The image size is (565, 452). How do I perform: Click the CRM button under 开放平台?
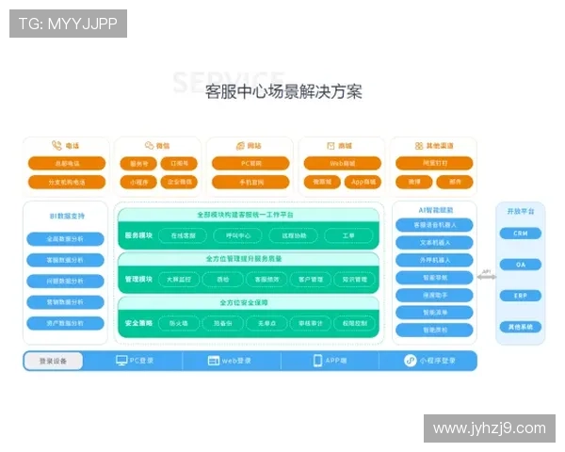click(x=520, y=233)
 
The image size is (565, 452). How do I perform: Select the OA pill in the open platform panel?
click(x=520, y=265)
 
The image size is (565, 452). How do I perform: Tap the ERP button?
click(x=520, y=296)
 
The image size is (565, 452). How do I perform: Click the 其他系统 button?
click(x=520, y=327)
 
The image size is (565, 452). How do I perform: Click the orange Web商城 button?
click(x=342, y=163)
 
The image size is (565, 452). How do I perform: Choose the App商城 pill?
click(x=363, y=182)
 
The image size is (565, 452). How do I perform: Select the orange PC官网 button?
click(x=250, y=163)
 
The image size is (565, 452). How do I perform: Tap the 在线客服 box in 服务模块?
click(x=183, y=234)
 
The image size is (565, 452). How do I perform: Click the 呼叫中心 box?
click(x=237, y=234)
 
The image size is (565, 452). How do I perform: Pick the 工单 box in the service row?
click(x=348, y=234)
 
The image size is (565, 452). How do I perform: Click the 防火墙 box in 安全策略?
click(x=179, y=323)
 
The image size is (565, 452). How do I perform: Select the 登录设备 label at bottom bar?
click(x=53, y=361)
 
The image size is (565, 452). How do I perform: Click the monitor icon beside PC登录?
click(x=121, y=361)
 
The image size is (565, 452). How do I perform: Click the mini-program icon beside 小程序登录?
click(x=411, y=361)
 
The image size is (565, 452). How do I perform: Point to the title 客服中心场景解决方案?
click(x=283, y=92)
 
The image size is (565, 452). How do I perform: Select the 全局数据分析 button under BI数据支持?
click(x=64, y=238)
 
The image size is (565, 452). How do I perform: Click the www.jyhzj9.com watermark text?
click(x=489, y=428)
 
